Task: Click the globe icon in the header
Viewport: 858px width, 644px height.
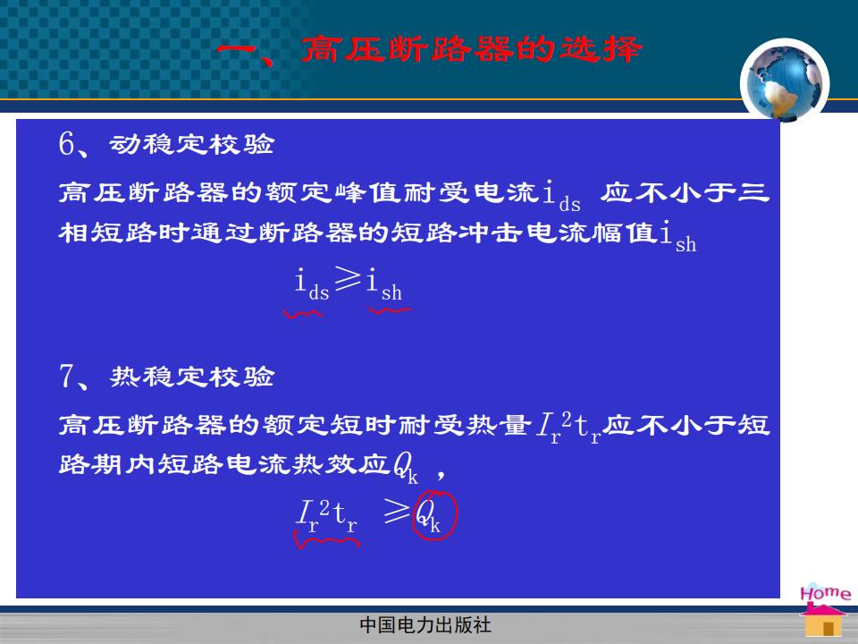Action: click(x=785, y=80)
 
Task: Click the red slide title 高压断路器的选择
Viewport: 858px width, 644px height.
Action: click(x=471, y=48)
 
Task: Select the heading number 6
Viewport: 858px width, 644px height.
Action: click(x=66, y=143)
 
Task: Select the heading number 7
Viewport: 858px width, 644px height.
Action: click(x=66, y=376)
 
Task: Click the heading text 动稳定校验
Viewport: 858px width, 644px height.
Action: click(x=191, y=144)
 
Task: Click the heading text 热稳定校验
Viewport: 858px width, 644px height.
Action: click(x=191, y=377)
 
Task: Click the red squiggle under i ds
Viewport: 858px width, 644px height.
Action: click(x=303, y=314)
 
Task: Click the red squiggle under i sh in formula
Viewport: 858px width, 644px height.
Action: click(x=391, y=310)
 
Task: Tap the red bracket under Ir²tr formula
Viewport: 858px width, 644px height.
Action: click(x=327, y=541)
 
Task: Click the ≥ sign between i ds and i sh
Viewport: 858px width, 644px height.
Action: click(x=348, y=278)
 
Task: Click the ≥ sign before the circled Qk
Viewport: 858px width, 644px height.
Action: click(x=396, y=511)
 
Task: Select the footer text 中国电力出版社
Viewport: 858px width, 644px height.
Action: click(x=425, y=625)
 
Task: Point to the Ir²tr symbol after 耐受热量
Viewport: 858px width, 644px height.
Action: click(x=568, y=428)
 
